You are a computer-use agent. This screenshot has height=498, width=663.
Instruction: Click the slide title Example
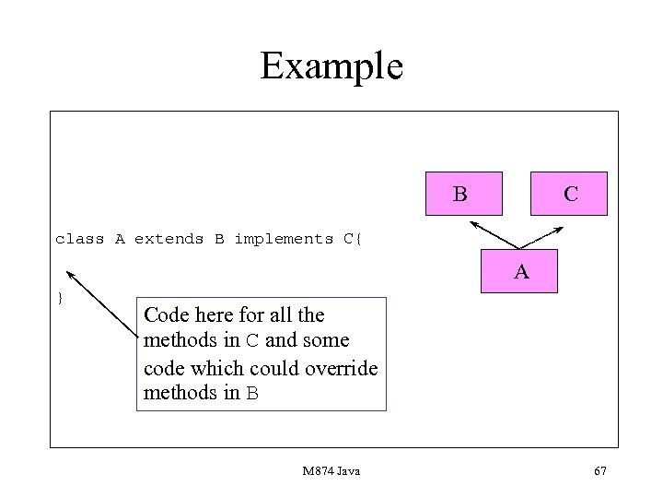(x=331, y=66)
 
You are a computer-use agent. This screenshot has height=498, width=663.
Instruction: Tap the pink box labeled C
(x=568, y=194)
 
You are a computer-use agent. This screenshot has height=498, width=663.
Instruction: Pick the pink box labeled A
(x=520, y=272)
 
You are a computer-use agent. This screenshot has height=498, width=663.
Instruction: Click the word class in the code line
(x=80, y=239)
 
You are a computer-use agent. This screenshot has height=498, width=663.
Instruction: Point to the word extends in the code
(x=169, y=239)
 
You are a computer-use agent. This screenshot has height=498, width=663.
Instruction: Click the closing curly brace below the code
(x=60, y=297)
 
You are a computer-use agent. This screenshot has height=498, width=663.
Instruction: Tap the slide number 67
(x=599, y=471)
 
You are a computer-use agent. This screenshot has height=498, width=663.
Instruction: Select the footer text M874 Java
(x=331, y=471)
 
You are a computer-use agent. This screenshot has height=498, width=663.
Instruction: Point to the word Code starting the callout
(x=166, y=315)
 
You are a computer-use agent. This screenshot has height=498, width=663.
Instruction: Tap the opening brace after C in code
(x=359, y=239)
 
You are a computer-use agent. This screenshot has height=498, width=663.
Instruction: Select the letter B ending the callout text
(x=251, y=394)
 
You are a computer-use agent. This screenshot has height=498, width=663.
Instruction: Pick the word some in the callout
(x=325, y=341)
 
